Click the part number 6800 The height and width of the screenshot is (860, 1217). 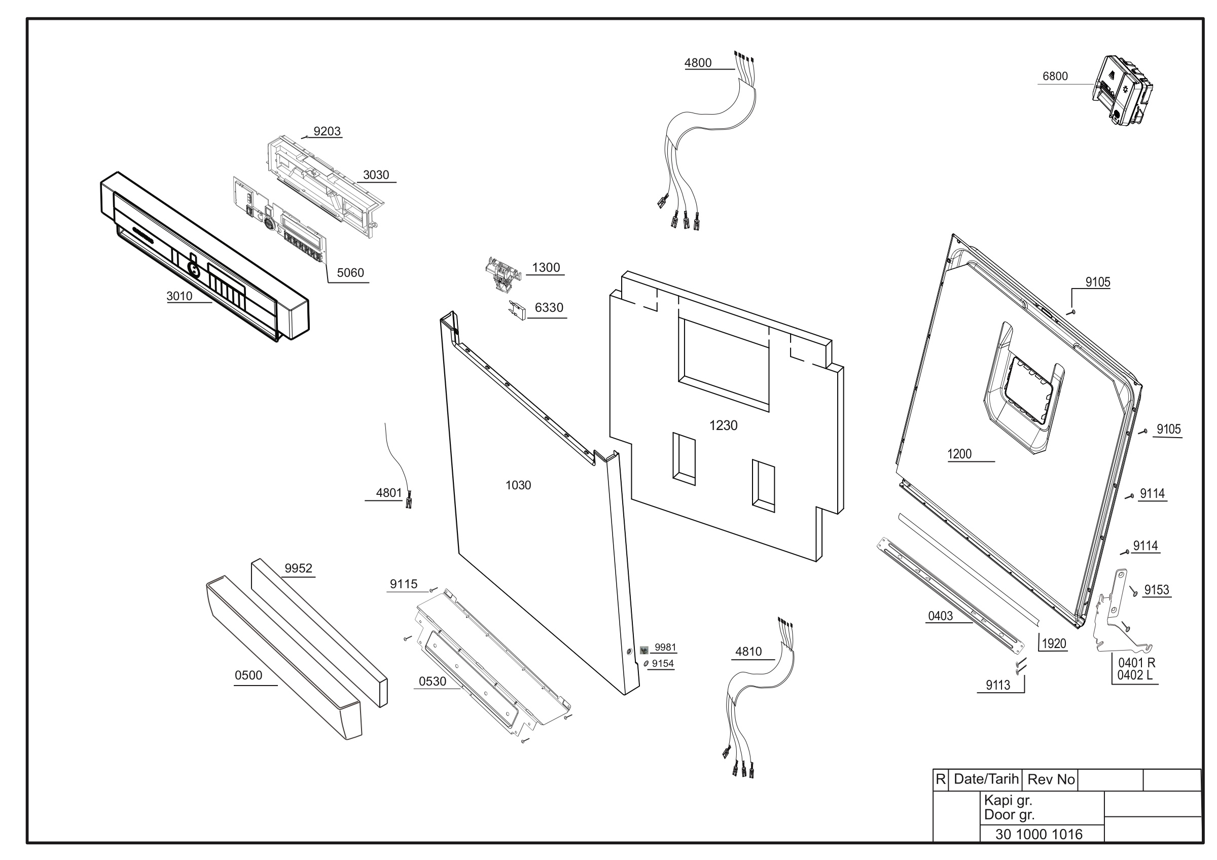click(1055, 76)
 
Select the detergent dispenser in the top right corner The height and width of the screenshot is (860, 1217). click(1122, 90)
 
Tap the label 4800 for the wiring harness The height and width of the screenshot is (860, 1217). click(698, 63)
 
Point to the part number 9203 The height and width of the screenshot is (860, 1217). click(327, 131)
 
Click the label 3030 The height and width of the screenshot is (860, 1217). click(376, 175)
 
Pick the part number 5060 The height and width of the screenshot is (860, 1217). click(350, 273)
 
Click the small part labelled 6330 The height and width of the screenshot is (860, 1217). click(517, 310)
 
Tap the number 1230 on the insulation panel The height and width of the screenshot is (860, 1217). click(723, 425)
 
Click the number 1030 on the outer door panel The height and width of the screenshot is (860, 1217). click(518, 485)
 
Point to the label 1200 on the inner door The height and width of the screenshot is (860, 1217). click(959, 454)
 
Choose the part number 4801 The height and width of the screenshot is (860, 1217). click(389, 493)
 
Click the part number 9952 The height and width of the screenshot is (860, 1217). click(299, 568)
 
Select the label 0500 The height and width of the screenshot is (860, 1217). click(248, 675)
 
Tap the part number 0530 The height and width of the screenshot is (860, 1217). click(433, 682)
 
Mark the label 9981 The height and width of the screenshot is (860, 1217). click(665, 648)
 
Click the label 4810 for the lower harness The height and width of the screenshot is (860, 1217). click(748, 652)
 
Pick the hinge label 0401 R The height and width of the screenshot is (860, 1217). click(1137, 663)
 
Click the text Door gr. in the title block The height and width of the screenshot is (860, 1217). click(1009, 815)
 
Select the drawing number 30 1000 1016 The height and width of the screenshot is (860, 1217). click(1039, 835)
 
